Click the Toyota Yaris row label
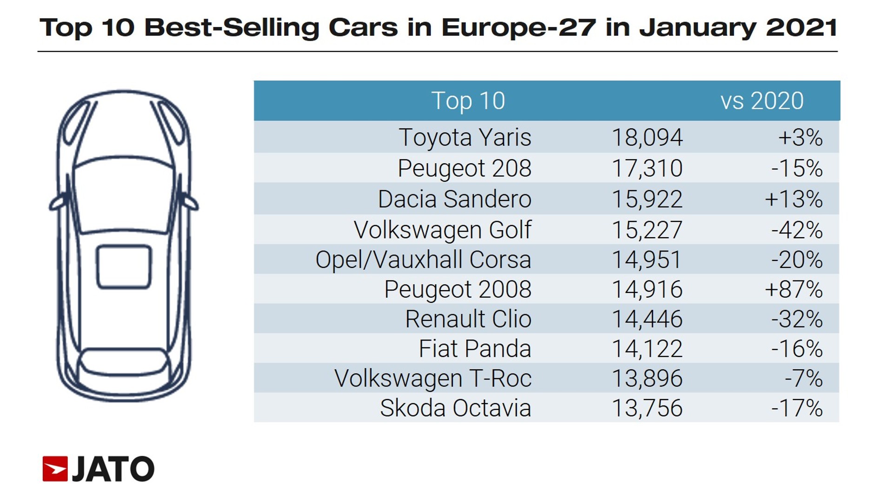coord(465,138)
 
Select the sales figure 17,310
coord(647,168)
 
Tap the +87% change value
coord(794,289)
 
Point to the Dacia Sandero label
coord(455,199)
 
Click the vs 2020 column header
coord(762,101)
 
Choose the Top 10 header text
coord(468,101)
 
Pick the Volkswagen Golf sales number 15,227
coord(647,230)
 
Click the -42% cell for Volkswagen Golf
coord(797,230)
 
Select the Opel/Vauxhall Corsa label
coord(424,260)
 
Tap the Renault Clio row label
coord(468,319)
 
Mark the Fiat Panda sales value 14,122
coord(647,349)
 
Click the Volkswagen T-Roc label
coord(433,379)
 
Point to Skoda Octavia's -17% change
coord(797,408)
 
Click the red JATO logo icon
coord(55,469)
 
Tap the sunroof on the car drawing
coord(124,267)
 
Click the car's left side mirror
coord(58,203)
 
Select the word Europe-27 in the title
coord(519,28)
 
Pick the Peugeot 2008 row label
coord(458,289)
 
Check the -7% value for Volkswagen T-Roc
coord(804,379)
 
